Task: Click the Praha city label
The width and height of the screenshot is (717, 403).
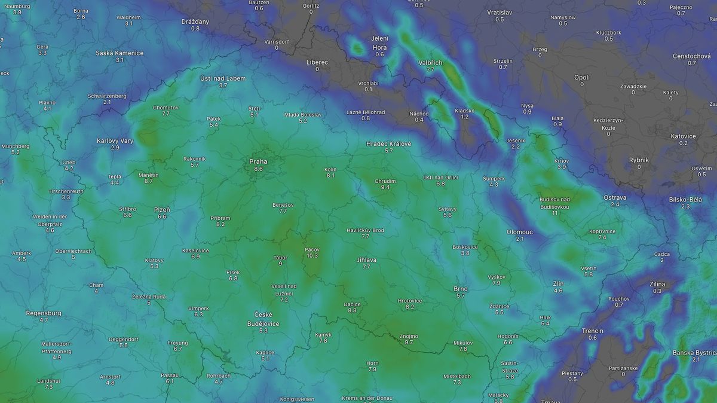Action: [258, 161]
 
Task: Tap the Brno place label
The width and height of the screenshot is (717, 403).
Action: [460, 289]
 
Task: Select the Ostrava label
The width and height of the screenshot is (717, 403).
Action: [615, 197]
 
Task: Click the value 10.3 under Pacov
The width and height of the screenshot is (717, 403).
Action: [312, 255]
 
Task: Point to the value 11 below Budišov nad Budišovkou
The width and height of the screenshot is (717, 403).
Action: [555, 213]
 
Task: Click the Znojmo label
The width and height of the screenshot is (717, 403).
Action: [409, 336]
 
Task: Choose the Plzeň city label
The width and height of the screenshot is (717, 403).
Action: [162, 209]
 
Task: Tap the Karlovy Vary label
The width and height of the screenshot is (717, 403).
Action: [115, 141]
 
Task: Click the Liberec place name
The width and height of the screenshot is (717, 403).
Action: [317, 62]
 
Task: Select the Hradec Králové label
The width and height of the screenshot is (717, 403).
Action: [389, 144]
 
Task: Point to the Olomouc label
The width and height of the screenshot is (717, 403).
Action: [520, 231]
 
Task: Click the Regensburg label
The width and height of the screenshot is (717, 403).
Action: [44, 313]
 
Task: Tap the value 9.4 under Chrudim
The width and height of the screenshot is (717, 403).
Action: [385, 187]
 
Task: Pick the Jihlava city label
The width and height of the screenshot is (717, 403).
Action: [366, 259]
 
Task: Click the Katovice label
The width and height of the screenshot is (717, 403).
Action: [683, 136]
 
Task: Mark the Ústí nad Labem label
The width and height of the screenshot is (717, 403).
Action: [223, 78]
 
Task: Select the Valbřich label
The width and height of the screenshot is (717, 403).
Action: [430, 63]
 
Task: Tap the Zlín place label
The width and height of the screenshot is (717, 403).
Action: [558, 283]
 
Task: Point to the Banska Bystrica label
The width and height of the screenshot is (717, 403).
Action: [695, 352]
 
